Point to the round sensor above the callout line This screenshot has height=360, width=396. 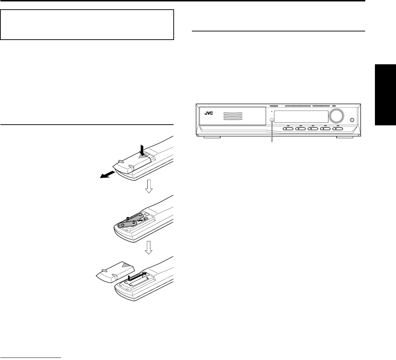pyautogui.click(x=272, y=121)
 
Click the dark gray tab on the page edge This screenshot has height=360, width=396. pyautogui.click(x=385, y=95)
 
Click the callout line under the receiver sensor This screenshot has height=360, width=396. pyautogui.click(x=272, y=134)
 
